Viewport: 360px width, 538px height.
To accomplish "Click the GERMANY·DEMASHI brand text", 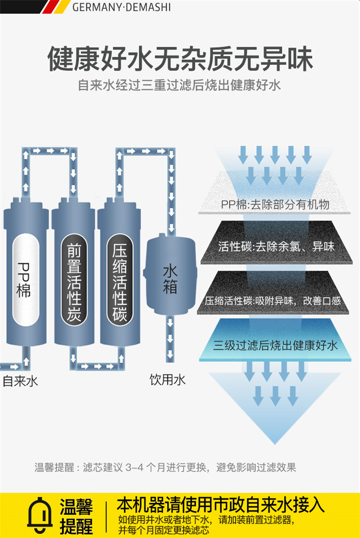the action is [x=121, y=7].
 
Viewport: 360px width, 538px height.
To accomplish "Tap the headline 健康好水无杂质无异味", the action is [x=180, y=59].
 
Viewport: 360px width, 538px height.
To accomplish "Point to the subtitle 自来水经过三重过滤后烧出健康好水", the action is [x=180, y=85].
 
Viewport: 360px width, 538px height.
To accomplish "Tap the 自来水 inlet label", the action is [x=20, y=381].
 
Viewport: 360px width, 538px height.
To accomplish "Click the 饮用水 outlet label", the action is [x=168, y=379].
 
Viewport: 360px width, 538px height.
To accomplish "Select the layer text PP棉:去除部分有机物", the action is [x=275, y=205].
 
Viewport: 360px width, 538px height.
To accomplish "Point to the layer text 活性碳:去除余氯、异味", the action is [x=276, y=246].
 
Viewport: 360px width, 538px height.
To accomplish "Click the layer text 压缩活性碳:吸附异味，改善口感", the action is [x=273, y=301].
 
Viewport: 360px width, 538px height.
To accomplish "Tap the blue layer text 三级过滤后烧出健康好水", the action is [x=276, y=345].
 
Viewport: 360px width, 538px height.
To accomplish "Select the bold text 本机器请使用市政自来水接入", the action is [x=220, y=505].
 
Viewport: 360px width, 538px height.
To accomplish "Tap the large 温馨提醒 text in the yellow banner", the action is [x=76, y=516].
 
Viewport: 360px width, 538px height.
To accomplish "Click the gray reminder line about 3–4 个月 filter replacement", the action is [x=165, y=467].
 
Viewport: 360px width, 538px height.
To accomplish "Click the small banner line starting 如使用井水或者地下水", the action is [x=206, y=520].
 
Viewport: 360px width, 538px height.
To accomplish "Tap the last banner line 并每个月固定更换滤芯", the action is [x=163, y=530].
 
